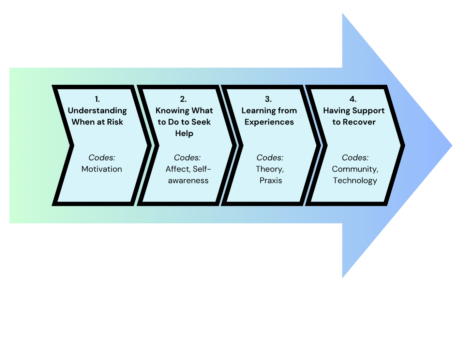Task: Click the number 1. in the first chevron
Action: pos(97,99)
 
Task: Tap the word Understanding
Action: pos(97,111)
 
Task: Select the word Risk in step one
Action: pos(115,122)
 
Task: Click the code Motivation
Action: pos(102,169)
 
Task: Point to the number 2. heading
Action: pos(183,99)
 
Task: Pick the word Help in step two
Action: pos(184,133)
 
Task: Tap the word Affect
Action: pos(177,169)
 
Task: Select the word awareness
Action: pos(188,180)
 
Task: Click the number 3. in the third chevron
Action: pos(268,99)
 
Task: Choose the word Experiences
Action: pos(269,122)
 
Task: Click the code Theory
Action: pos(269,169)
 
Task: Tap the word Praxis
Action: pos(271,180)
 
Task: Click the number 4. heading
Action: pos(353,99)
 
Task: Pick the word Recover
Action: pos(359,122)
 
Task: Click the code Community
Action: pos(354,169)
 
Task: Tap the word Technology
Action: pos(355,180)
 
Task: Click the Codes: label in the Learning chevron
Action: pos(270,158)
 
